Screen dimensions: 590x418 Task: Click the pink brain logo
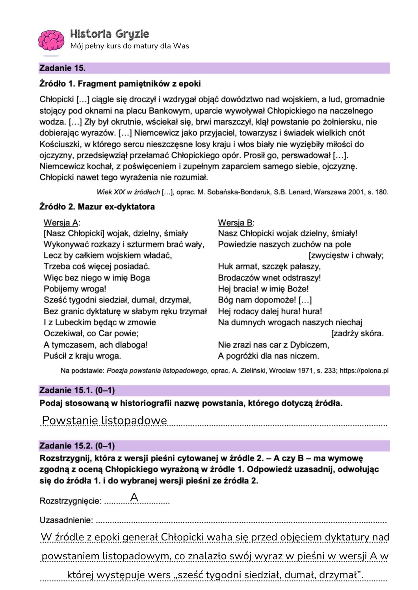click(x=51, y=40)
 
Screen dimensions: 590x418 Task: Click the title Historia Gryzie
click(x=110, y=34)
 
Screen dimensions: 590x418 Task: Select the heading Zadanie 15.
click(x=62, y=68)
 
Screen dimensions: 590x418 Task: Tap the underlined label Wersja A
click(x=61, y=223)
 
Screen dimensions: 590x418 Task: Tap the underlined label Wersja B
click(x=236, y=223)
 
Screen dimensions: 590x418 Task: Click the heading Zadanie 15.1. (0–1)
click(x=77, y=390)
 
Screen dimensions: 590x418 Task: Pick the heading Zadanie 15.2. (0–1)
click(x=77, y=446)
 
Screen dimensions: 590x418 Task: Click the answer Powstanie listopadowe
click(x=104, y=420)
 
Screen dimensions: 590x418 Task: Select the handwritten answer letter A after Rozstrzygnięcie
click(x=134, y=497)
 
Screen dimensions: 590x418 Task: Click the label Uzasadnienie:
click(x=66, y=520)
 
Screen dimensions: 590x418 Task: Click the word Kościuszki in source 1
click(x=61, y=144)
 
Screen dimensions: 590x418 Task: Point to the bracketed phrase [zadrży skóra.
click(x=357, y=334)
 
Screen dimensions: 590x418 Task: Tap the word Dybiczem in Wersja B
click(x=310, y=345)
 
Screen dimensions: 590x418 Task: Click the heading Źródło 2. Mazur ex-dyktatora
click(x=97, y=206)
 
